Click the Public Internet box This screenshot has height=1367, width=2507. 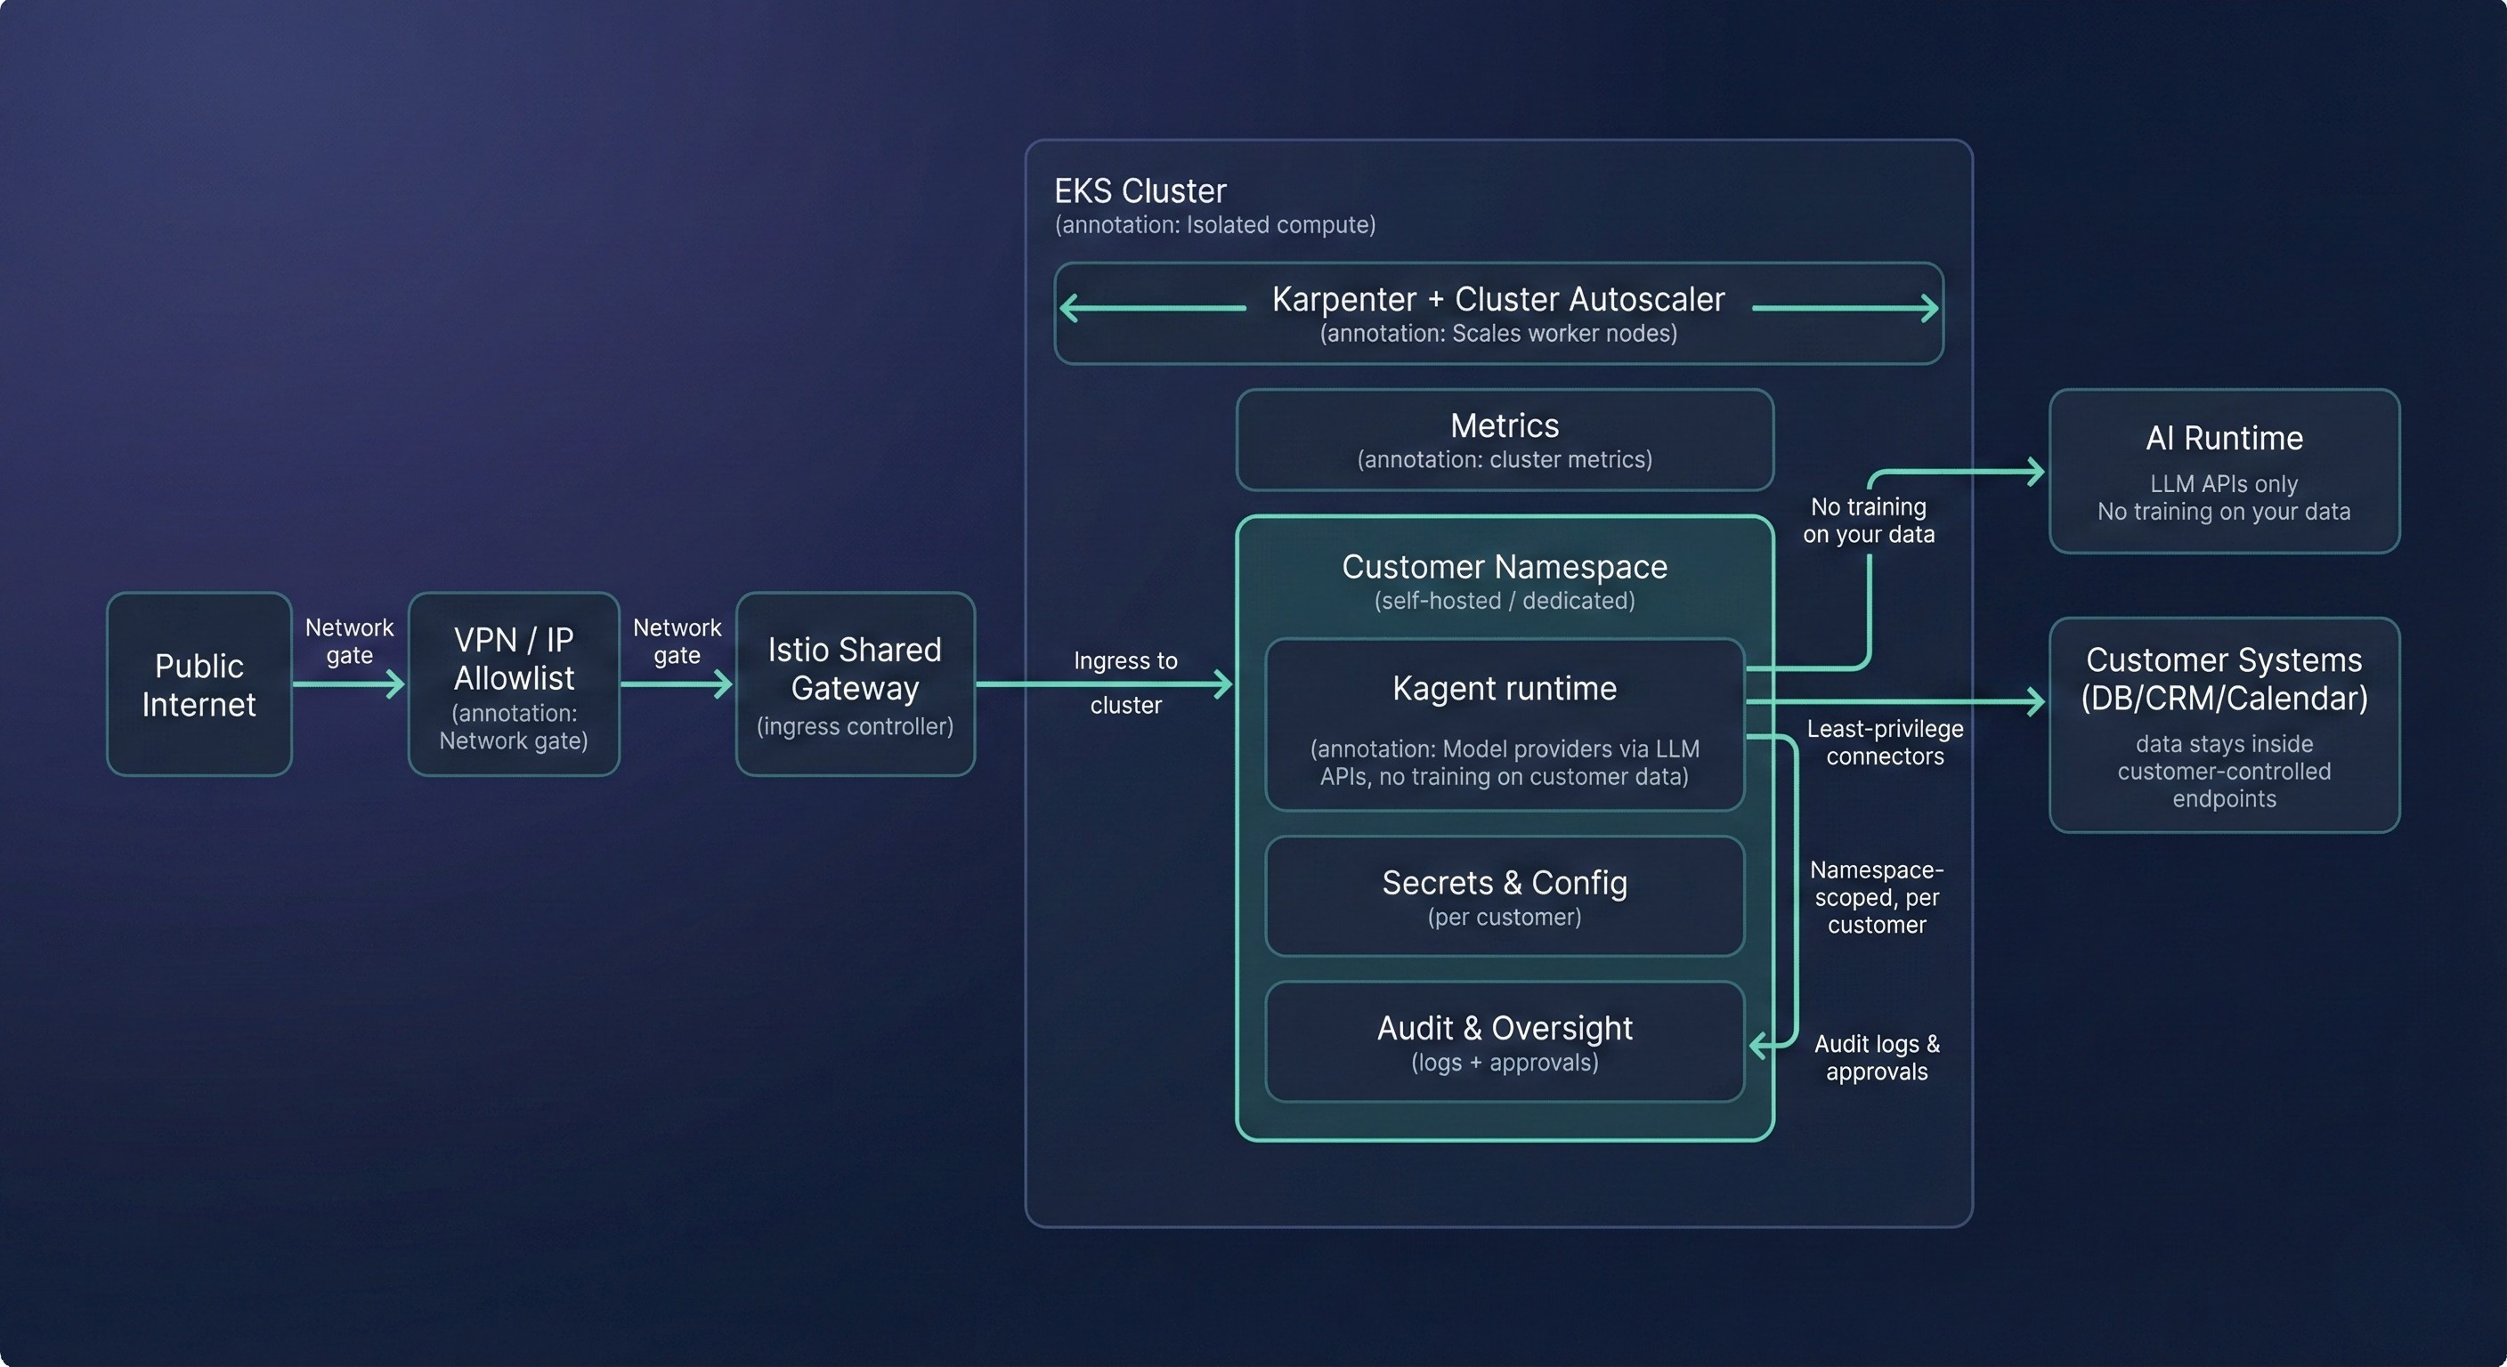(199, 684)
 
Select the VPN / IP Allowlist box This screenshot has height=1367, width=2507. (513, 684)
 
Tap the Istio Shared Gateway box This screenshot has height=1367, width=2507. (855, 684)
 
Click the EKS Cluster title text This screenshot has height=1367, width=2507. (1140, 190)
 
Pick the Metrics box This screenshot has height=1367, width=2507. (1504, 440)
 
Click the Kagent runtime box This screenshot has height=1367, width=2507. (1504, 724)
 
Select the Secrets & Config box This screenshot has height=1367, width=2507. (1504, 896)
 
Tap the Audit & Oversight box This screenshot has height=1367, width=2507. (1504, 1042)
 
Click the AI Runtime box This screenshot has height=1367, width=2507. (2224, 471)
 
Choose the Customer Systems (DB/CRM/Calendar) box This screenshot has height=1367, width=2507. (2224, 724)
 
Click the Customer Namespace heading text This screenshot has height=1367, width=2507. (1504, 566)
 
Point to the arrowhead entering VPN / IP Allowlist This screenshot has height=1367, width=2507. (396, 684)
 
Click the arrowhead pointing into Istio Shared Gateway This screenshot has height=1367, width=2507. (724, 684)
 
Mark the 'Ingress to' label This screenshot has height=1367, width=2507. (1125, 660)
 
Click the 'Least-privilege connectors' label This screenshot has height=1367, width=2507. (1884, 742)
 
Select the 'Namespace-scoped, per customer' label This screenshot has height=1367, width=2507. (1877, 897)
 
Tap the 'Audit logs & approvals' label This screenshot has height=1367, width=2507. (1877, 1057)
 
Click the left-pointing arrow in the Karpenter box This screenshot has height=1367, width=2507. (1070, 309)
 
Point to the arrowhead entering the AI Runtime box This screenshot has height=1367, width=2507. (2035, 472)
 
